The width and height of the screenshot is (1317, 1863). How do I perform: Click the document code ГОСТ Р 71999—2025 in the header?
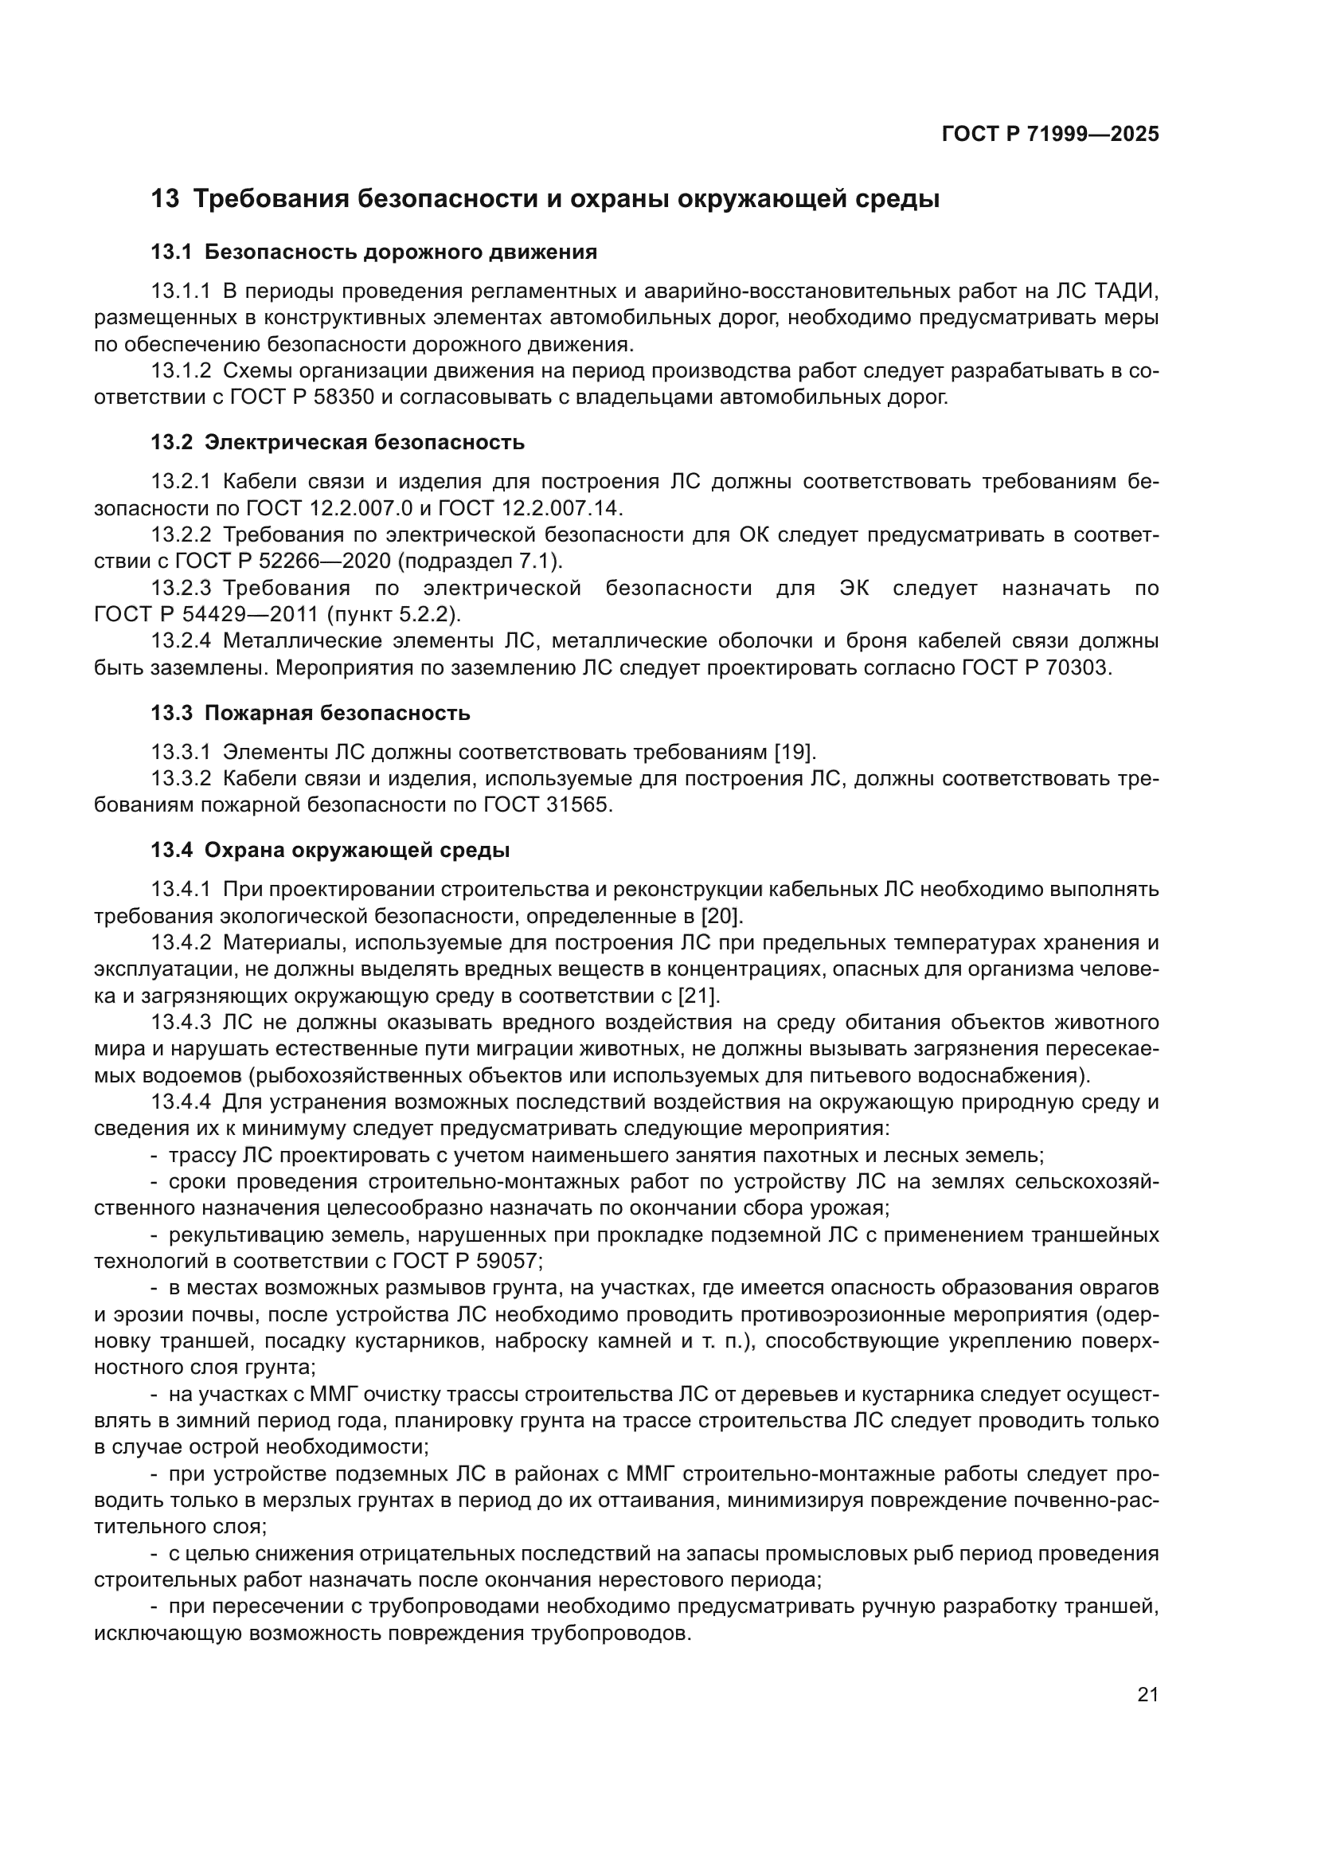click(x=1050, y=135)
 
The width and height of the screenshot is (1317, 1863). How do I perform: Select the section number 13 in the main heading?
click(x=165, y=199)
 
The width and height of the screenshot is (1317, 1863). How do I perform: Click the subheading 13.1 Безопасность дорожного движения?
click(x=374, y=252)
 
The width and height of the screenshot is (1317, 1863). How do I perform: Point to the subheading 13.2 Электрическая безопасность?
click(x=338, y=442)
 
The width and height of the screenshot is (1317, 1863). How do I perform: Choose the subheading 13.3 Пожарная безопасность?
click(x=311, y=713)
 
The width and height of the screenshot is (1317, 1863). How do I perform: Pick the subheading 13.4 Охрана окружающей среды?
click(x=330, y=851)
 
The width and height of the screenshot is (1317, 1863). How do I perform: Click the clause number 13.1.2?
click(x=181, y=372)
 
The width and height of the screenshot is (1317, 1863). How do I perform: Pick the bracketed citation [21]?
click(x=698, y=996)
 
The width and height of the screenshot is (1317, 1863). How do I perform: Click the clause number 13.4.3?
click(x=181, y=1023)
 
